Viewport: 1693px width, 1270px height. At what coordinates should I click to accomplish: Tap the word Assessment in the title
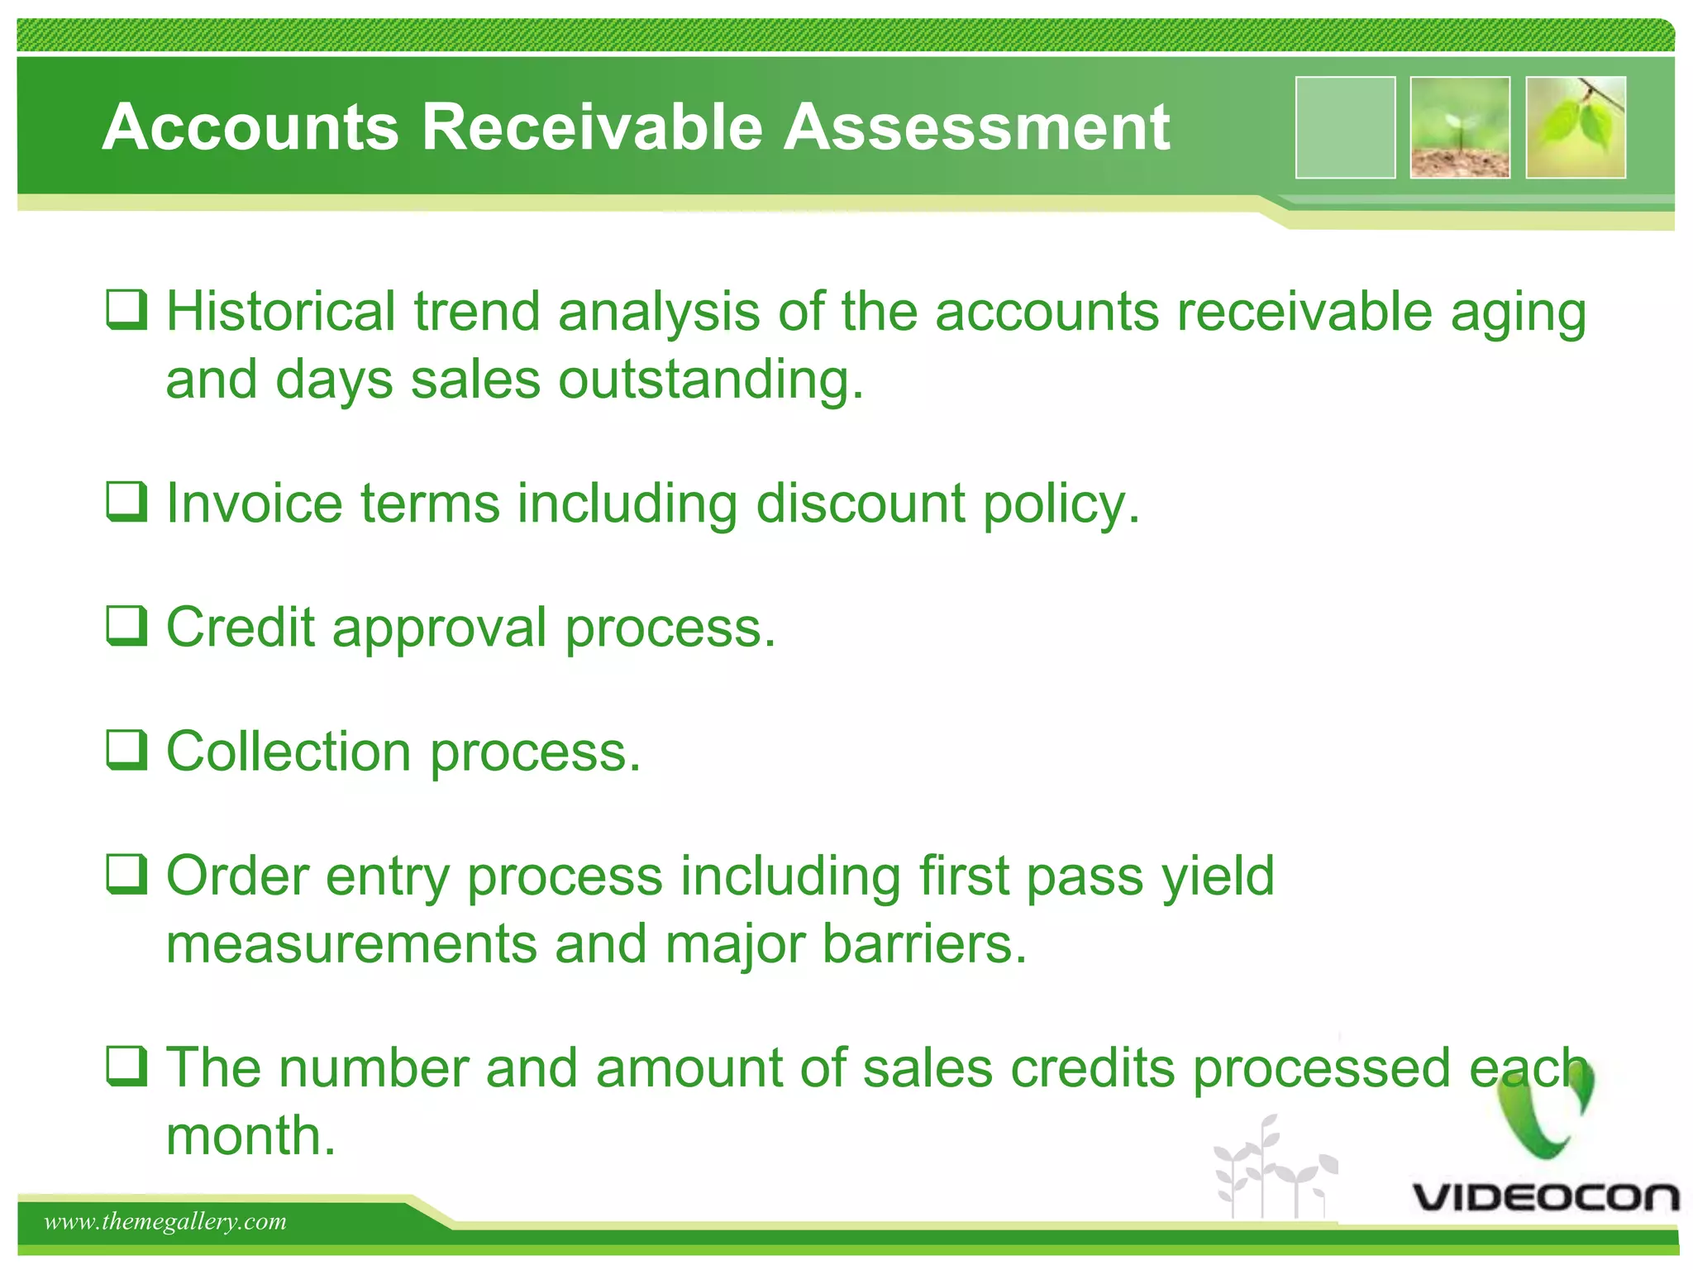(x=976, y=127)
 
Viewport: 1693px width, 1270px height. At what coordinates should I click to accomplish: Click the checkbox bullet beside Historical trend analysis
(x=127, y=310)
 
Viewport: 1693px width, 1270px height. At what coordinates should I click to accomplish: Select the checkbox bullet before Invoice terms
(x=127, y=502)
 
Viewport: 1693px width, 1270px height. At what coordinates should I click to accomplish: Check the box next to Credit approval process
(x=127, y=626)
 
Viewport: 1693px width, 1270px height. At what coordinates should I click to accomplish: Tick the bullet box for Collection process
(x=127, y=750)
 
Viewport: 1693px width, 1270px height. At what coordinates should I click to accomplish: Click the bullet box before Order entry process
(x=127, y=874)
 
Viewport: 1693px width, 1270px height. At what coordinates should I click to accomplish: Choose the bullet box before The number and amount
(x=127, y=1066)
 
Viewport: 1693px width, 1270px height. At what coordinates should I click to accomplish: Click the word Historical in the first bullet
(x=281, y=312)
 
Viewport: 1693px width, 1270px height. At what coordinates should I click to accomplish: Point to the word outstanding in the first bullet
(x=710, y=380)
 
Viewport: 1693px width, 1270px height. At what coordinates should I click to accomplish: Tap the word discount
(x=860, y=504)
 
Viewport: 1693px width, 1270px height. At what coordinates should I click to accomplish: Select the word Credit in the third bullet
(x=241, y=628)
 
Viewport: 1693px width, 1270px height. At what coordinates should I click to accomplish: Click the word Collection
(x=289, y=752)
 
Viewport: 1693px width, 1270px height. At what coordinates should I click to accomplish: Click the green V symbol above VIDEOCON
(x=1546, y=1108)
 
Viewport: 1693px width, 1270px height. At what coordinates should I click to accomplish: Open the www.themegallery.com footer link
(x=165, y=1222)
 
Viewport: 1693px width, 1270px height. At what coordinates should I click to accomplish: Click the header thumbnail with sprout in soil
(x=1460, y=127)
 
